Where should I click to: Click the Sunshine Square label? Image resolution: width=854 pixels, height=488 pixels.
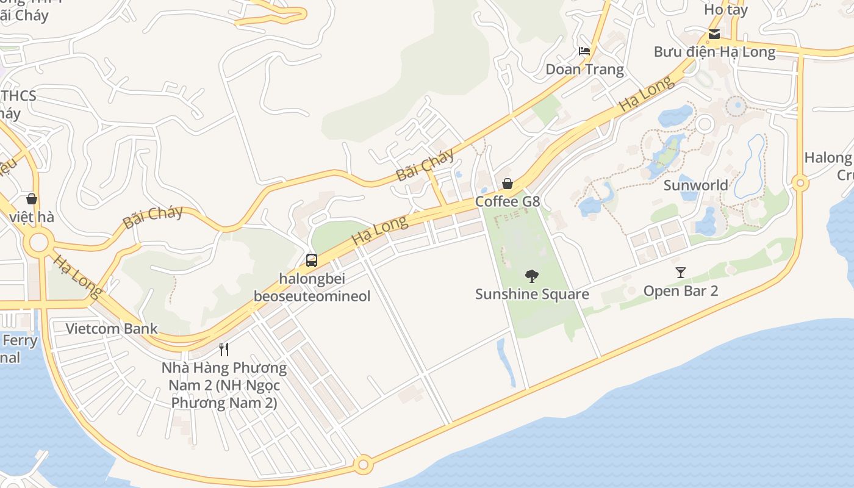pyautogui.click(x=532, y=294)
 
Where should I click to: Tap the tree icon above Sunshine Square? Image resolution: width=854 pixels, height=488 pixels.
pyautogui.click(x=532, y=276)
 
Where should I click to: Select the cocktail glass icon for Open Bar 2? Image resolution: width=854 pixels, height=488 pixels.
pyautogui.click(x=681, y=273)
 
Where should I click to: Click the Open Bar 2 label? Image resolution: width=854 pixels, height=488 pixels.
pyautogui.click(x=681, y=290)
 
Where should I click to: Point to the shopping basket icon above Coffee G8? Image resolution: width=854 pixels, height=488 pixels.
pyautogui.click(x=507, y=184)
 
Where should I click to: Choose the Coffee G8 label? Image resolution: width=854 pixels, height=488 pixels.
pyautogui.click(x=508, y=201)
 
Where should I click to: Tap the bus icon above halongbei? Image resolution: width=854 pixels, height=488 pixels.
pyautogui.click(x=312, y=260)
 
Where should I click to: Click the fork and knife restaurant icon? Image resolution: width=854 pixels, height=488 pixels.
pyautogui.click(x=224, y=350)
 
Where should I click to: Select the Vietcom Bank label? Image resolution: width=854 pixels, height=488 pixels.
pyautogui.click(x=112, y=329)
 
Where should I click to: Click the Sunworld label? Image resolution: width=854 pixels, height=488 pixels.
pyautogui.click(x=695, y=185)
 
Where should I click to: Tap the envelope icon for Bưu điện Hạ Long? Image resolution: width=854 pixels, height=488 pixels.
pyautogui.click(x=714, y=34)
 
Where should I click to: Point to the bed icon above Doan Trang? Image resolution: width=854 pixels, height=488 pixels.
pyautogui.click(x=584, y=51)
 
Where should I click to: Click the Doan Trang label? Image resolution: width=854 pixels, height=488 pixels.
pyautogui.click(x=584, y=69)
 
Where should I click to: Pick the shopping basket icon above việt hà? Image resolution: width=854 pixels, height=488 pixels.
pyautogui.click(x=32, y=199)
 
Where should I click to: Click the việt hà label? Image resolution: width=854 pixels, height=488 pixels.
pyautogui.click(x=32, y=217)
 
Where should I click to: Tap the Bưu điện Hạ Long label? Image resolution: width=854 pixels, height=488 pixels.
pyautogui.click(x=714, y=52)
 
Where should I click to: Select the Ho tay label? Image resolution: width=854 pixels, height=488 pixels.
pyautogui.click(x=725, y=10)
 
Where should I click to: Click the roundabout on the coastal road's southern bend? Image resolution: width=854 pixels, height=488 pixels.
pyautogui.click(x=364, y=465)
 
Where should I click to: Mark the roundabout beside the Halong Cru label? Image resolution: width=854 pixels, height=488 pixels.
pyautogui.click(x=800, y=182)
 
